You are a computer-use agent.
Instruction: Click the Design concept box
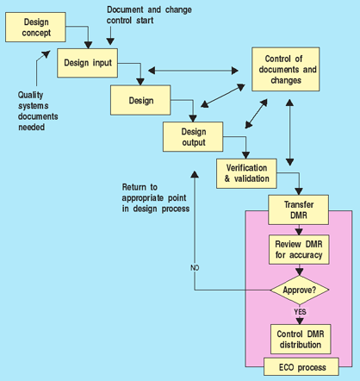(x=35, y=28)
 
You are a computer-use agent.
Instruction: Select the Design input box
(x=87, y=63)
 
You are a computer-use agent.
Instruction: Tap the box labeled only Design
(x=140, y=100)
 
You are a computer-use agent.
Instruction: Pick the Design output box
(x=193, y=137)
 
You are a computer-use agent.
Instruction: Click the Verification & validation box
(x=246, y=173)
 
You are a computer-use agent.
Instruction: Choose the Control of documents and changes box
(x=286, y=69)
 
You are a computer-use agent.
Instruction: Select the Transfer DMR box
(x=299, y=209)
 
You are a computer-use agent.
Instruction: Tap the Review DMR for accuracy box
(x=299, y=249)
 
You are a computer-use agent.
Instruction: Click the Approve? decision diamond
(x=300, y=290)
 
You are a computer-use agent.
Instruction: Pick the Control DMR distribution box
(x=301, y=339)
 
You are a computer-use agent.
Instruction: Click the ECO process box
(x=301, y=366)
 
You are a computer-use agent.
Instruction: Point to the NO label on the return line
(x=195, y=268)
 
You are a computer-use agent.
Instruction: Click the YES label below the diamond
(x=300, y=312)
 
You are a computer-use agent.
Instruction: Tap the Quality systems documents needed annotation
(x=38, y=111)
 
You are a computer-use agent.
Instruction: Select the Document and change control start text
(x=149, y=15)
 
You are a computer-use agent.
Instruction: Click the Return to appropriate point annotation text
(x=156, y=198)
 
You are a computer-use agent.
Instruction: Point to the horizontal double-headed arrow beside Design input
(x=193, y=71)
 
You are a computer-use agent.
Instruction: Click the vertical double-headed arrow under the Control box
(x=289, y=133)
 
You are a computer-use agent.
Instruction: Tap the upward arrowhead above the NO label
(x=195, y=174)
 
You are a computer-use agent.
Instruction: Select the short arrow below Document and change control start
(x=110, y=36)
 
